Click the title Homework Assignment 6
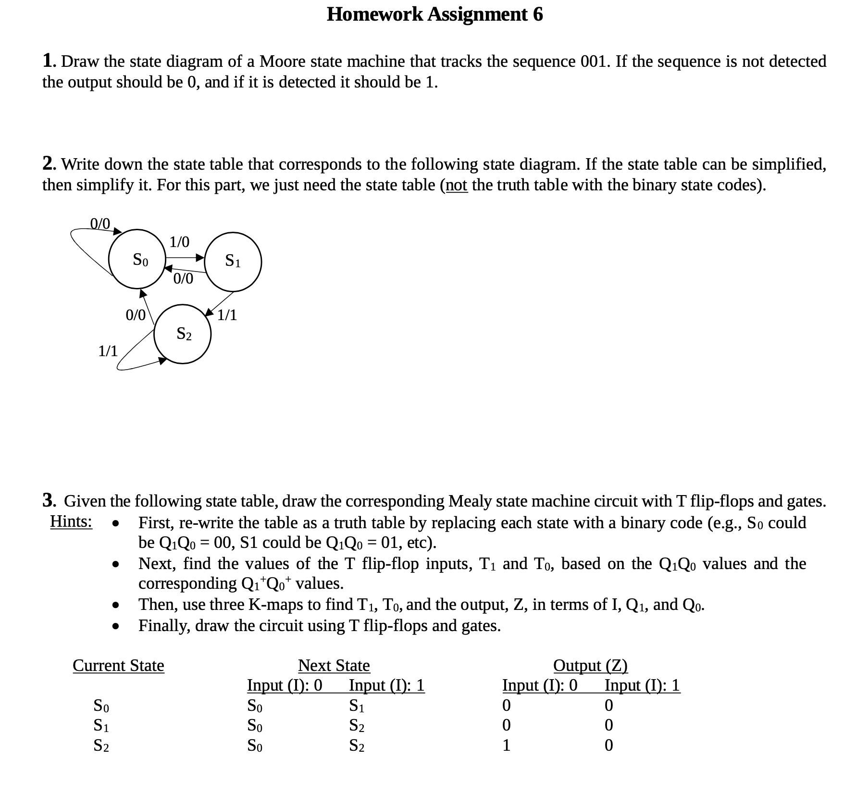(x=434, y=14)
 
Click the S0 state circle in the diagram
(x=137, y=260)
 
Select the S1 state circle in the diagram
(x=233, y=261)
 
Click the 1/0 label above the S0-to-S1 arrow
(x=179, y=242)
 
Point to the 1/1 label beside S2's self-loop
(x=108, y=351)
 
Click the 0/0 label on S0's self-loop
(x=100, y=223)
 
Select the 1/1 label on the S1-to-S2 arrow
(x=227, y=315)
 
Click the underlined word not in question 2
(x=457, y=185)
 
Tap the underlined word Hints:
(x=72, y=521)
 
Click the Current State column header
(x=118, y=666)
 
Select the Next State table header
(x=334, y=666)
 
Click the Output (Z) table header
(x=590, y=666)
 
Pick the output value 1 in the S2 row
(x=506, y=745)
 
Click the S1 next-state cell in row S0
(x=356, y=706)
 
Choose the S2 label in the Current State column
(x=101, y=746)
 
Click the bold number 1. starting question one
(x=49, y=62)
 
